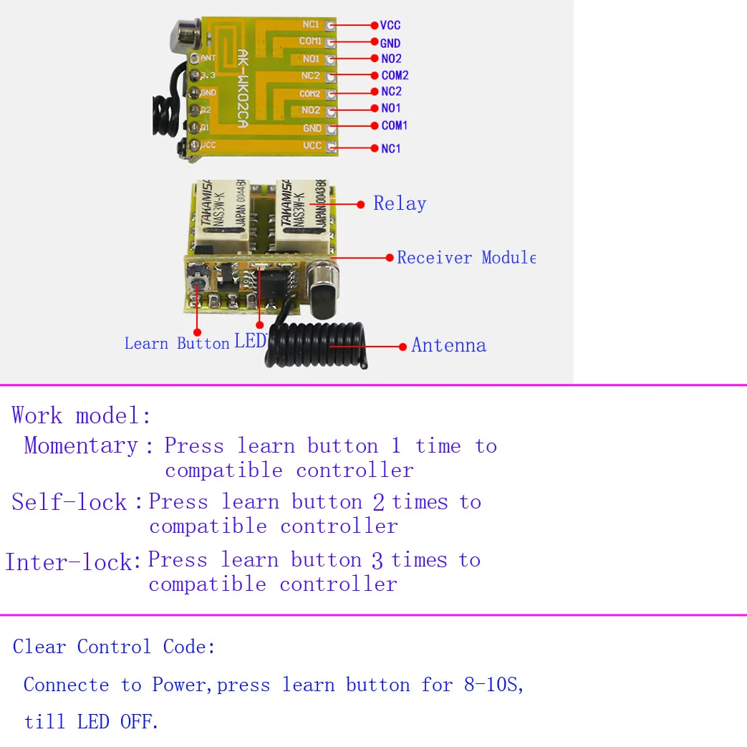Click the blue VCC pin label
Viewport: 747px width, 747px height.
pyautogui.click(x=390, y=26)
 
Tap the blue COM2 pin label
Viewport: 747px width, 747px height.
pyautogui.click(x=395, y=75)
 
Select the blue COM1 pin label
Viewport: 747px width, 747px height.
pyautogui.click(x=394, y=126)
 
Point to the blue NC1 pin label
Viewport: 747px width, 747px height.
pyautogui.click(x=391, y=149)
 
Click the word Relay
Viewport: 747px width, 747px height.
pyautogui.click(x=400, y=204)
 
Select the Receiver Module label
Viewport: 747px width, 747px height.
pyautogui.click(x=466, y=258)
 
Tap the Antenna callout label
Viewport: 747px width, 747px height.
pyautogui.click(x=448, y=346)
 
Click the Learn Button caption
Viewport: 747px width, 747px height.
pyautogui.click(x=176, y=344)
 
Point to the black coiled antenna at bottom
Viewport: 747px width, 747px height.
pyautogui.click(x=315, y=344)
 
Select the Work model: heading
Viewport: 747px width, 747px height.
pyautogui.click(x=82, y=416)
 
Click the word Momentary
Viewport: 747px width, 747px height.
pyautogui.click(x=81, y=446)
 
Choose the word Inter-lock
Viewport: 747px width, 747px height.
pyautogui.click(x=69, y=562)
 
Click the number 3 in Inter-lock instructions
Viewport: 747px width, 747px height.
pyautogui.click(x=377, y=561)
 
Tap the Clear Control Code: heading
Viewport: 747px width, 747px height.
pyautogui.click(x=114, y=647)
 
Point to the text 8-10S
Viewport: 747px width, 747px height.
pyautogui.click(x=493, y=685)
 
